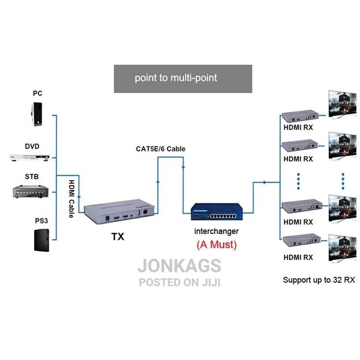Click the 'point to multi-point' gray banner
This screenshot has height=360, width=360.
183,78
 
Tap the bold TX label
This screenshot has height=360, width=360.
118,237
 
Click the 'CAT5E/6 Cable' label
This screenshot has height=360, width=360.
157,149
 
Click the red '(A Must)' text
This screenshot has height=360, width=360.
217,245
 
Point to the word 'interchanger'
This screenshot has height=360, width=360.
217,232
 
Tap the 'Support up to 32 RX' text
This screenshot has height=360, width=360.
319,280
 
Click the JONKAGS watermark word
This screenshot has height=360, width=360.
179,266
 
